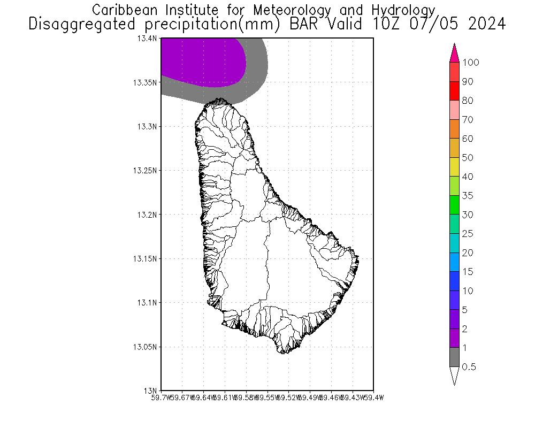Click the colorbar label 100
(471, 63)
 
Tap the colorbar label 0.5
(469, 367)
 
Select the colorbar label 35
(468, 196)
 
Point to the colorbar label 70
(468, 120)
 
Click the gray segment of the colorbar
(455, 357)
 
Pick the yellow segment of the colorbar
(455, 167)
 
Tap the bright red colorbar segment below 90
(455, 91)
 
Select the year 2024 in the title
(485, 24)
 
